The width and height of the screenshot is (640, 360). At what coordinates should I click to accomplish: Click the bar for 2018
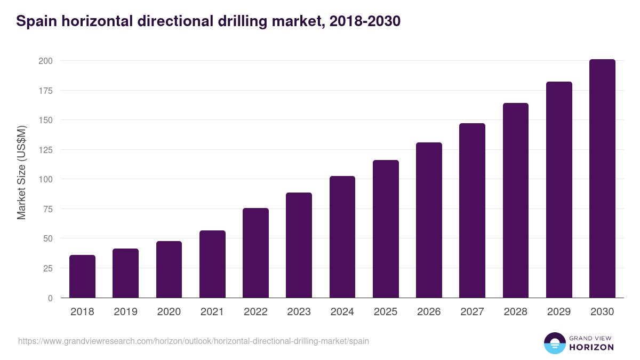click(x=82, y=276)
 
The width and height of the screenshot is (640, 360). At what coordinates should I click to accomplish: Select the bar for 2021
click(x=212, y=264)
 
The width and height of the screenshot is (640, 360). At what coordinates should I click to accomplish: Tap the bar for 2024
click(x=342, y=237)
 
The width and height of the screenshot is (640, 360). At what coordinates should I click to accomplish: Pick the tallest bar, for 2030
click(x=602, y=179)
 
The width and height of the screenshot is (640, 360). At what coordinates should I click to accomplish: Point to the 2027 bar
click(x=472, y=211)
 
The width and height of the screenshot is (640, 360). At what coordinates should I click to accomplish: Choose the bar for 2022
click(x=255, y=253)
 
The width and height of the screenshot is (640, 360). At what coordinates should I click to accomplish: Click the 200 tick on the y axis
click(x=45, y=61)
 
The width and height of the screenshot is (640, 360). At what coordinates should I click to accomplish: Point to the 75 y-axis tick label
click(x=47, y=209)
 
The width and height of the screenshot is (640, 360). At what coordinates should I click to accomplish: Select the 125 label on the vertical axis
click(x=45, y=150)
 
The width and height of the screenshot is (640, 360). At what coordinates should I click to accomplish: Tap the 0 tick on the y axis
click(x=50, y=298)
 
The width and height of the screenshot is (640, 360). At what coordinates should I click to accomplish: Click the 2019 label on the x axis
click(x=125, y=312)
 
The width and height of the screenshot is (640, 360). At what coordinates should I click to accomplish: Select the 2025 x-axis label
click(x=386, y=312)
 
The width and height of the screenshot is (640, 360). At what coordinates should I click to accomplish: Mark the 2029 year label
click(x=559, y=312)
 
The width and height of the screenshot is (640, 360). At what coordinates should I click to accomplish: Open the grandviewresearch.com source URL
click(x=193, y=341)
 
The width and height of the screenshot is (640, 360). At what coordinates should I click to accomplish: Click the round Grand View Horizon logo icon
click(x=554, y=343)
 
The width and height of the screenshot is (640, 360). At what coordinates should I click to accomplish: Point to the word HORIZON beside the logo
click(x=591, y=347)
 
